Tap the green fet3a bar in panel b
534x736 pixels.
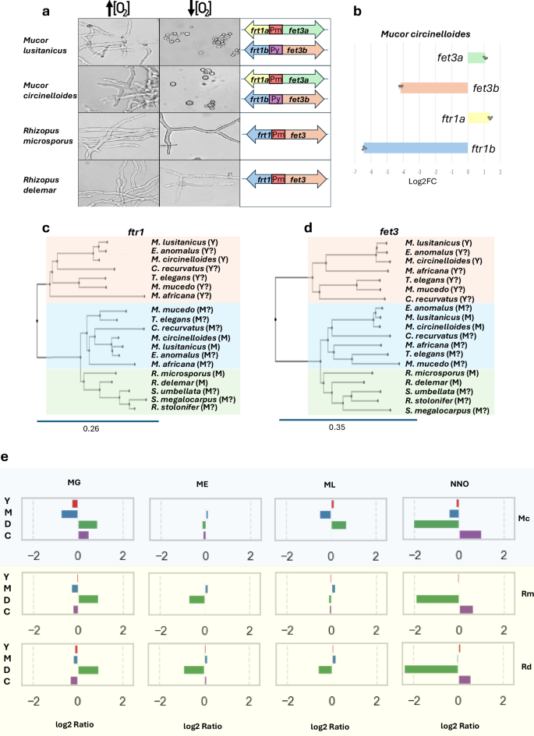pos(476,58)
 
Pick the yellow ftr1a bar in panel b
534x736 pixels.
pos(477,118)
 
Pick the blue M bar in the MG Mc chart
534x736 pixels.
pos(69,514)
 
